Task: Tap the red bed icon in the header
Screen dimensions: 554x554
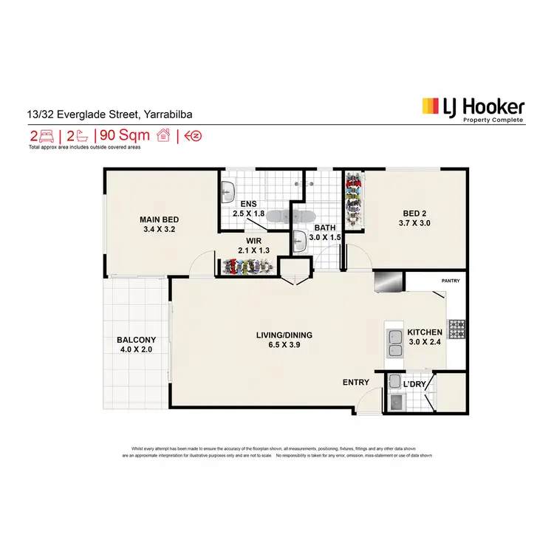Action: (45, 135)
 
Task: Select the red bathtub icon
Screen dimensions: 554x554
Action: (84, 135)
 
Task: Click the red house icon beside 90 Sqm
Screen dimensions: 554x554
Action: (163, 134)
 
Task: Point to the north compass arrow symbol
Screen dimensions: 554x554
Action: (194, 135)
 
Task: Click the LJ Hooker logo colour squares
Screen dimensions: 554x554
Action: (430, 108)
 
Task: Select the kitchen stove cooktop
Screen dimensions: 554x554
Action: (456, 326)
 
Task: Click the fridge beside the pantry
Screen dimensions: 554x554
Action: (389, 281)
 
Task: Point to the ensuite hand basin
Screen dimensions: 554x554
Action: (227, 191)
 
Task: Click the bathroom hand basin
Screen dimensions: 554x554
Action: (299, 241)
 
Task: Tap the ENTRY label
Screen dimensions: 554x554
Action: (356, 382)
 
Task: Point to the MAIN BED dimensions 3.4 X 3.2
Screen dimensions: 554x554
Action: (160, 229)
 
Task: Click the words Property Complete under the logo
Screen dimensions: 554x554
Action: (493, 120)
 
